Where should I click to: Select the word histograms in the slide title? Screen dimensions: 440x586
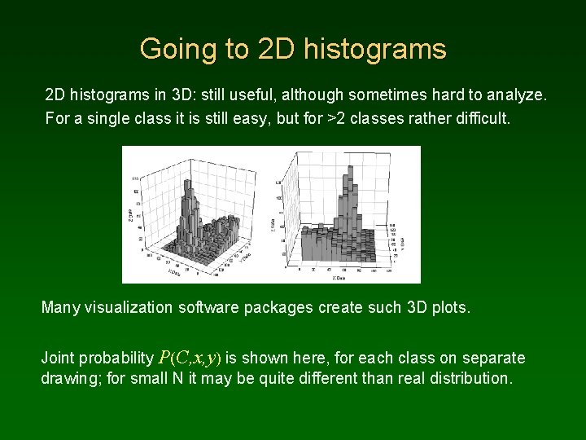click(x=375, y=49)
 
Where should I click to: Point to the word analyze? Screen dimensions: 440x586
click(x=515, y=95)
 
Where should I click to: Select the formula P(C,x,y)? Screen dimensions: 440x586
click(x=190, y=358)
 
